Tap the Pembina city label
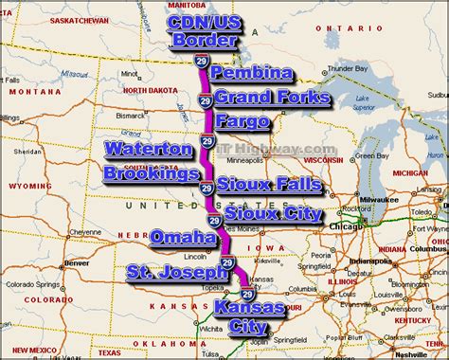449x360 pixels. [252, 73]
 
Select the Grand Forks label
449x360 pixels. [272, 97]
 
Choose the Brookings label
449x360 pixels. [152, 173]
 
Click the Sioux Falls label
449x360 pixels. [269, 184]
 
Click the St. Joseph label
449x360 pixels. [176, 273]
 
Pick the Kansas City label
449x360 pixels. [248, 318]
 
